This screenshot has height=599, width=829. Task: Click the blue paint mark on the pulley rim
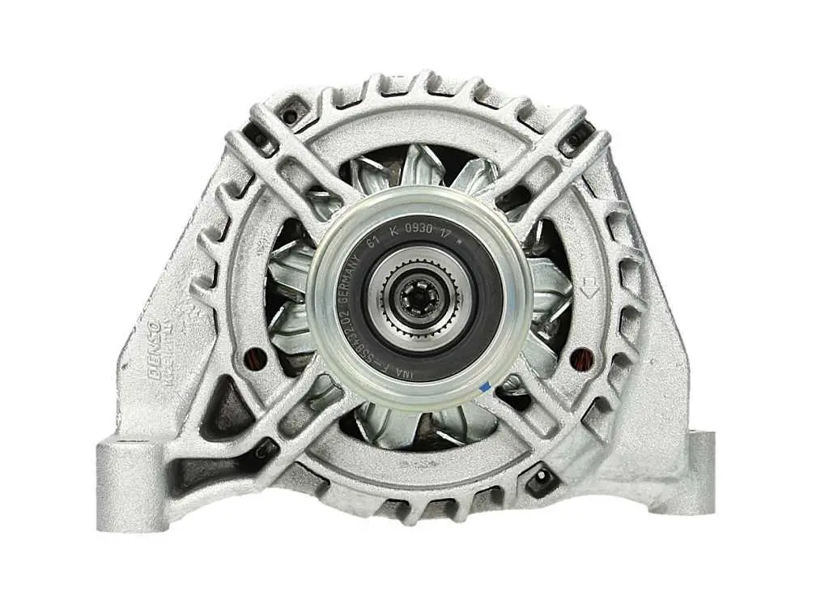(483, 387)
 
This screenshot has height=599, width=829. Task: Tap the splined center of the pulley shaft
(419, 299)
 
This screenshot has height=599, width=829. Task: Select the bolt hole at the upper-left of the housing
(288, 116)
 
